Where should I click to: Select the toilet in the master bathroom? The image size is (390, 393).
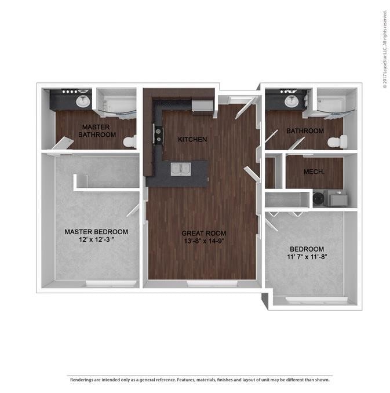(x=129, y=141)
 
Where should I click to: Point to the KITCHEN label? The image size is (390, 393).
(x=192, y=140)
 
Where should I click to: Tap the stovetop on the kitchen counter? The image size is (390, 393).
(x=157, y=134)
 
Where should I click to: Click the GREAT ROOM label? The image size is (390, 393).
(x=201, y=234)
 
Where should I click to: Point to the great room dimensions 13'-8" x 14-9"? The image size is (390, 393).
(x=201, y=241)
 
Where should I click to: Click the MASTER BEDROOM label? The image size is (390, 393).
(x=96, y=232)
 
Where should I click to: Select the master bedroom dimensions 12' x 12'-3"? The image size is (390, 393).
(x=96, y=239)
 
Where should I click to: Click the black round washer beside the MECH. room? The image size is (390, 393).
(x=319, y=198)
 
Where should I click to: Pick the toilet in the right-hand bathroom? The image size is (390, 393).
(x=337, y=141)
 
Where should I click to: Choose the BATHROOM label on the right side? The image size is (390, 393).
(x=305, y=131)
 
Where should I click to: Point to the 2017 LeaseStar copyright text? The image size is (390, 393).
(x=384, y=49)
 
